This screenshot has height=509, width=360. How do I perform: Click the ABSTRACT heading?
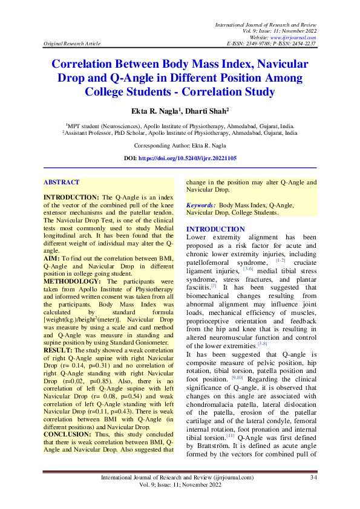click(62, 182)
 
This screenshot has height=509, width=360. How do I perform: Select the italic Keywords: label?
click(201, 206)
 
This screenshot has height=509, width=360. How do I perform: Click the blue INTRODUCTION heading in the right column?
click(216, 229)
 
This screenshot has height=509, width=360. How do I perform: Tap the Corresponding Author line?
click(180, 146)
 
